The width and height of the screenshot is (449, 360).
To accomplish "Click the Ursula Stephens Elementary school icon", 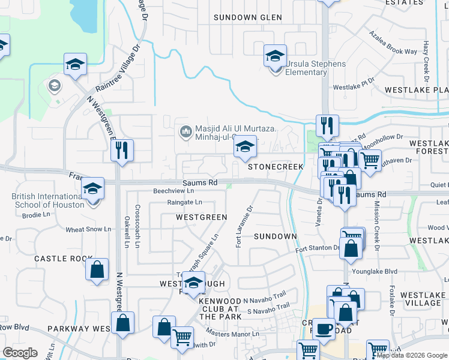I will click(x=275, y=58).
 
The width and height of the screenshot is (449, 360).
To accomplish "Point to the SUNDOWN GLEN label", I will click(x=248, y=17).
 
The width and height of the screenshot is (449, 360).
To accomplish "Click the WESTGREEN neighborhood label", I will click(x=201, y=217).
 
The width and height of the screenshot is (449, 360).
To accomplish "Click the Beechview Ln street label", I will click(x=174, y=190).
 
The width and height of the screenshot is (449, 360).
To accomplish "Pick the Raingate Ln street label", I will click(x=184, y=202).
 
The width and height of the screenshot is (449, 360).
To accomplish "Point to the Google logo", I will click(x=20, y=353).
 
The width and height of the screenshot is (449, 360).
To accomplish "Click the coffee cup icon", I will click(x=324, y=329).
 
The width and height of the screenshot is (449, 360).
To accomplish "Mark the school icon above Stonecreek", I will click(x=245, y=146).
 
